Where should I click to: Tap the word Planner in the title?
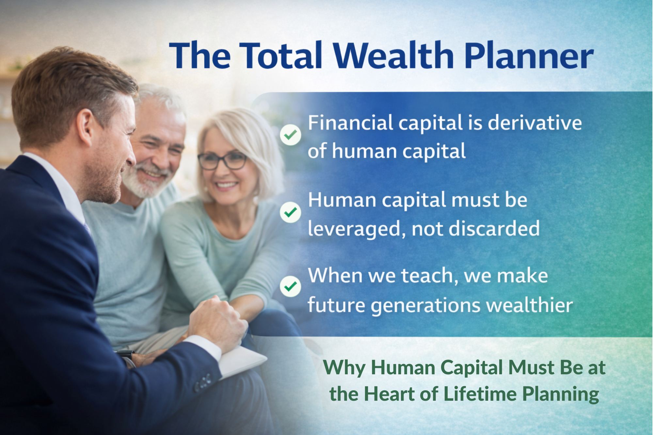(529, 55)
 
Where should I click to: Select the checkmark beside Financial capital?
(290, 134)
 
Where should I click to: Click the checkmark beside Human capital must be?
(290, 212)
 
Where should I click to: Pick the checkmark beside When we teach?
(290, 286)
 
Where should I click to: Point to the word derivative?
(535, 123)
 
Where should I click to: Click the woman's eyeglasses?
(222, 161)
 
